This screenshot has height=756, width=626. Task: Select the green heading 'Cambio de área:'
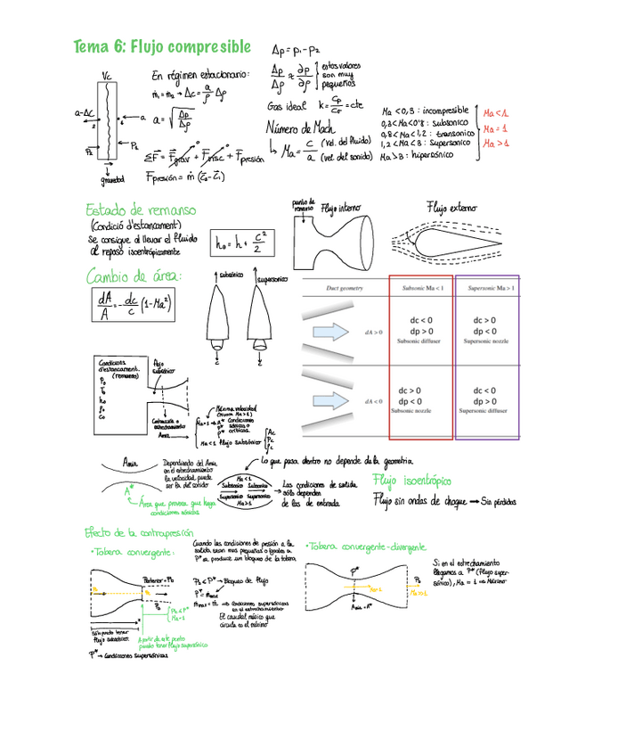[x=134, y=276]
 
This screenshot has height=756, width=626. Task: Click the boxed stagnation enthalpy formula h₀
[x=235, y=241]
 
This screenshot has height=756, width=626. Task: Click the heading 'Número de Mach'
[x=298, y=128]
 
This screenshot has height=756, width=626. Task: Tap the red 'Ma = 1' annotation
[x=495, y=128]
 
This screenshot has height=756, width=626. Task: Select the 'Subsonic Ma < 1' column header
[x=421, y=288]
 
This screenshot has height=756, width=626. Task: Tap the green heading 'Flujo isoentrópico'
[x=412, y=481]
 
